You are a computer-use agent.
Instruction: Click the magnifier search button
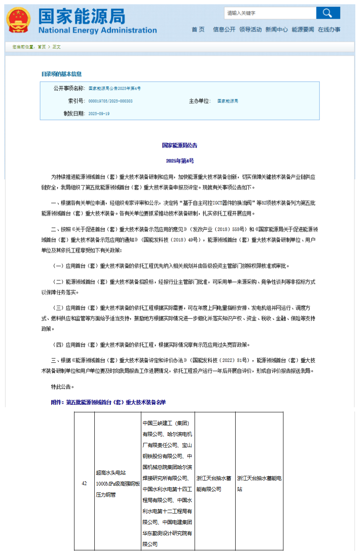tap(328, 13)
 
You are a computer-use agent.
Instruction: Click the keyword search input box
tap(270, 13)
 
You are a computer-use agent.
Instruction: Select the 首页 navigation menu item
tap(198, 30)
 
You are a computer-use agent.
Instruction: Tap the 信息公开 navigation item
tap(224, 30)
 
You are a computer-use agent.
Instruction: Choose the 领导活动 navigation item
tap(250, 30)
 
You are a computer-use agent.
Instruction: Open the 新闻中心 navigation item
tap(277, 30)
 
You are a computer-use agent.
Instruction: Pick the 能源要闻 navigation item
tap(303, 30)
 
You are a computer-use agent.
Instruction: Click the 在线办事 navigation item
tap(329, 30)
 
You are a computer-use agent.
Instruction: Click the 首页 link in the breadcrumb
tap(41, 47)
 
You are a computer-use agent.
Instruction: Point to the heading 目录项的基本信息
tap(61, 74)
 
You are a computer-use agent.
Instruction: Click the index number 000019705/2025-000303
tap(110, 101)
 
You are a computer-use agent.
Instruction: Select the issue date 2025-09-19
tap(99, 114)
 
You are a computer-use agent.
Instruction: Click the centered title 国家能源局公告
tap(180, 145)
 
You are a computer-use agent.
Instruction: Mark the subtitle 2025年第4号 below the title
tap(180, 161)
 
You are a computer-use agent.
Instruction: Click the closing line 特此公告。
tap(63, 387)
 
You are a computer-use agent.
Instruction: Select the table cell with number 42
tap(84, 483)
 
